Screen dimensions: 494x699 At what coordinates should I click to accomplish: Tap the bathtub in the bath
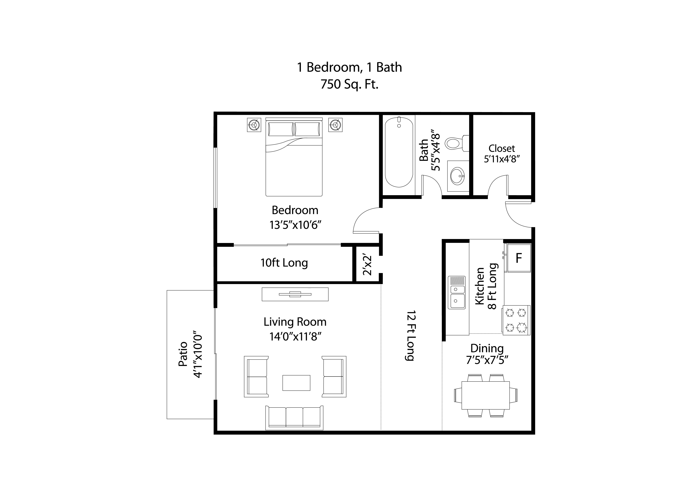(x=399, y=152)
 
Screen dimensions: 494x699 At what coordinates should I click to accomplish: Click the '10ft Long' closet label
(x=284, y=263)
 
